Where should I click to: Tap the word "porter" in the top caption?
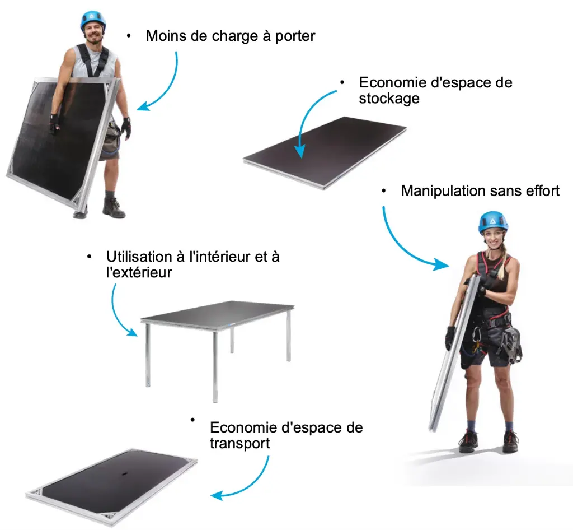click(295, 36)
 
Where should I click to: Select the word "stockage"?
click(389, 99)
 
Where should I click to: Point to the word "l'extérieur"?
click(139, 272)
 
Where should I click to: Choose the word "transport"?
click(239, 443)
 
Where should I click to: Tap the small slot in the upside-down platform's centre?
click(123, 475)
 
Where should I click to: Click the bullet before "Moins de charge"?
click(129, 36)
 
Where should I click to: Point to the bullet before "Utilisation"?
click(90, 257)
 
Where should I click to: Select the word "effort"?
click(543, 191)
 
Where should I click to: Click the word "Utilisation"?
click(139, 257)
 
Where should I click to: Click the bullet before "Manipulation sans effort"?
click(384, 191)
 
